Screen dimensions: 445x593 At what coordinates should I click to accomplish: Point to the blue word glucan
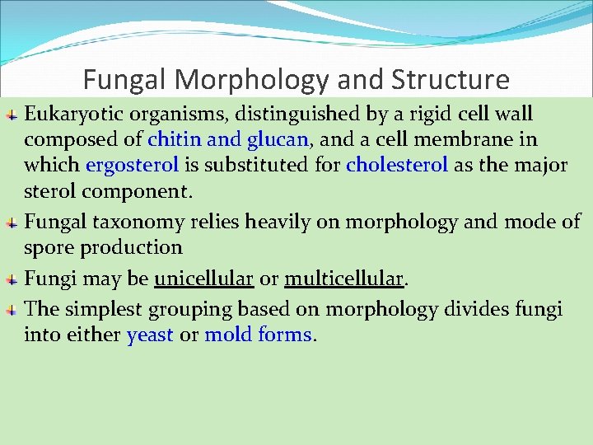tap(276, 139)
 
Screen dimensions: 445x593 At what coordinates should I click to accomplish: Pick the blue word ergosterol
tap(132, 165)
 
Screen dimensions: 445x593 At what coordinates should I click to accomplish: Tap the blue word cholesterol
tap(397, 165)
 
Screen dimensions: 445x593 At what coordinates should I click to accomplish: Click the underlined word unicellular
tap(203, 279)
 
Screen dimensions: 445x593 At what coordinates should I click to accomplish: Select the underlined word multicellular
tap(344, 279)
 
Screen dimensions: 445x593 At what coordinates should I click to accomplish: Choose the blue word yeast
tap(150, 335)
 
